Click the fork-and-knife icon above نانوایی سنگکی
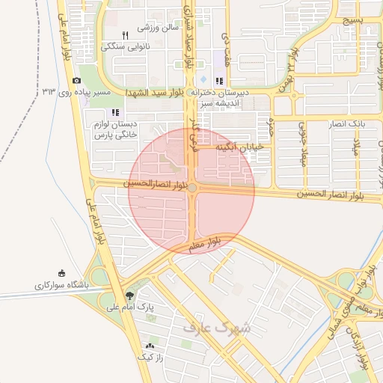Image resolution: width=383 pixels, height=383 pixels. (125, 35)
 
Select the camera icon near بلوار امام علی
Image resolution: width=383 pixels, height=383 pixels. (76, 81)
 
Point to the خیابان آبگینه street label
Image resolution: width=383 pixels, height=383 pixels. (240, 147)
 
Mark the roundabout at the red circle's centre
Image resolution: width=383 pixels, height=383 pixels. (192, 188)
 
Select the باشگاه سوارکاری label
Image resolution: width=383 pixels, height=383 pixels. (61, 286)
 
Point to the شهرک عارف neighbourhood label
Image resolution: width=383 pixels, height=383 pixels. (218, 326)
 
